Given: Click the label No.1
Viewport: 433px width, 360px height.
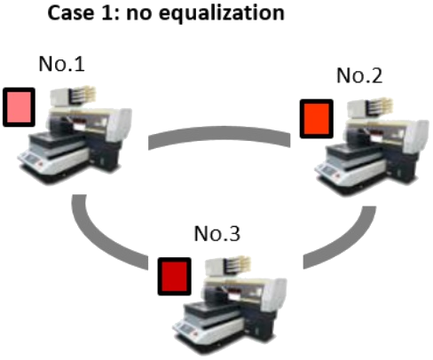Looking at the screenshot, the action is [61, 64].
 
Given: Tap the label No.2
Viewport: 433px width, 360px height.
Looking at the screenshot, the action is [359, 75].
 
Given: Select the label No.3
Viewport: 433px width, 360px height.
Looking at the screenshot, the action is [217, 233].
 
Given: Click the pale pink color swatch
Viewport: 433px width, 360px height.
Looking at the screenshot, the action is [19, 107].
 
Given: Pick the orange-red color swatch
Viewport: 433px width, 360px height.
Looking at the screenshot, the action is [317, 119].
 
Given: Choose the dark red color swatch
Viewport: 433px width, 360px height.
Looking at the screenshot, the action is [174, 276].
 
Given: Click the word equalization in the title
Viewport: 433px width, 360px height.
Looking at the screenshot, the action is [222, 13].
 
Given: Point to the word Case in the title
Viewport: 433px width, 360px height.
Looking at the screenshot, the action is [70, 12].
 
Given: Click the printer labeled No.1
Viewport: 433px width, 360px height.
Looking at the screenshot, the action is [75, 135].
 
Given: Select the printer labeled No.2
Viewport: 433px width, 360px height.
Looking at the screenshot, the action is [372, 146].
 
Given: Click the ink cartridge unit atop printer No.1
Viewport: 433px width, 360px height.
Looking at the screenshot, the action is [73, 97].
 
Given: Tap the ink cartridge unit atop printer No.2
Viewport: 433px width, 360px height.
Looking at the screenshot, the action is [370, 108].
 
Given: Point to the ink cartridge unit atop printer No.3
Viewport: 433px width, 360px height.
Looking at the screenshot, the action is [228, 266].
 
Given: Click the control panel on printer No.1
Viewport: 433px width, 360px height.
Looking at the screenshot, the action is [32, 159].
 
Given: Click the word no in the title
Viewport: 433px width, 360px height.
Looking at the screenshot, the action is [138, 14].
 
